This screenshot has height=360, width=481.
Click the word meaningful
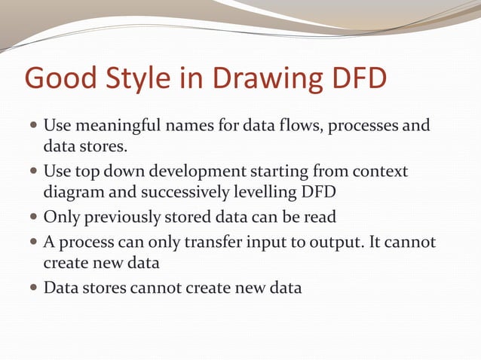(117, 124)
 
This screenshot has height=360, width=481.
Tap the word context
(378, 172)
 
